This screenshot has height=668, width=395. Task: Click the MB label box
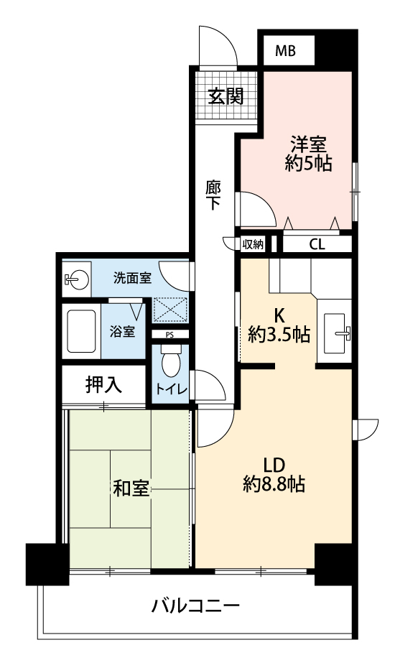285,51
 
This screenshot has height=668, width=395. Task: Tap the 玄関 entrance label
226,97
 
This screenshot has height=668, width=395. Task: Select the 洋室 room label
309,144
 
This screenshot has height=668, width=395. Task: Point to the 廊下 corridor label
213,195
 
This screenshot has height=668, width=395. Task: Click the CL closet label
317,244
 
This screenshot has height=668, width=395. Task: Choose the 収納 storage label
253,244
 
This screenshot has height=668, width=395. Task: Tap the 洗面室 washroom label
132,278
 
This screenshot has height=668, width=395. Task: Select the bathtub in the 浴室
81,331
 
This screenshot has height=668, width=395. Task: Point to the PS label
169,335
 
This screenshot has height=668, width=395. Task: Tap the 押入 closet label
103,385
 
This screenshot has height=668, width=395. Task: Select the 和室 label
131,488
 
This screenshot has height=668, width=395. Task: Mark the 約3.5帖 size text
279,335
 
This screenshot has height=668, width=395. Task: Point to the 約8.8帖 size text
274,484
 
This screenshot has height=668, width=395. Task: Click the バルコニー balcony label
196,605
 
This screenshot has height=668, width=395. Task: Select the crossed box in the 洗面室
170,310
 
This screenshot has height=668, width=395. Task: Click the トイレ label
172,389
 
